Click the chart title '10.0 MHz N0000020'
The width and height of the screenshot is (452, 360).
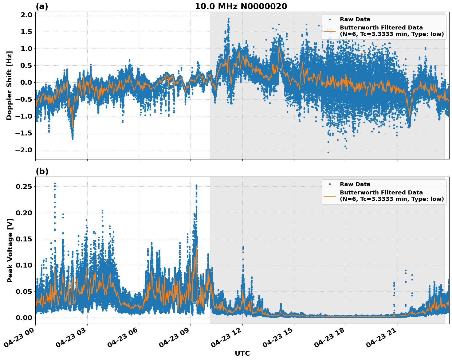pyautogui.click(x=241, y=6)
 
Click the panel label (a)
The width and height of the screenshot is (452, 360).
pyautogui.click(x=42, y=6)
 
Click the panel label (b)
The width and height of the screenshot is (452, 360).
pyautogui.click(x=42, y=171)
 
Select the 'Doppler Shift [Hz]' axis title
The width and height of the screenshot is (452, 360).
pyautogui.click(x=10, y=85)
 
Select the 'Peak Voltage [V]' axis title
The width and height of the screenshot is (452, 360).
pyautogui.click(x=10, y=250)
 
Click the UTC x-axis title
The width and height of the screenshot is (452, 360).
pyautogui.click(x=242, y=353)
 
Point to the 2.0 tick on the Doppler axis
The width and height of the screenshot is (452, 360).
pyautogui.click(x=26, y=15)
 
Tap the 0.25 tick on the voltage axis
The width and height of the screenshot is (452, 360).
pyautogui.click(x=25, y=187)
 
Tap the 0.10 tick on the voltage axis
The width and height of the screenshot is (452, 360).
pyautogui.click(x=25, y=265)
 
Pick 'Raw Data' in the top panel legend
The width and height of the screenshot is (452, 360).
pyautogui.click(x=355, y=19)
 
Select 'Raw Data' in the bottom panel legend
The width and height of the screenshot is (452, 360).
pyautogui.click(x=355, y=184)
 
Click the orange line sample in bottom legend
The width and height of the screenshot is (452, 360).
pyautogui.click(x=329, y=196)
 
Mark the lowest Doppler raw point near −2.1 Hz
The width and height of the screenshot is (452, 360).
pyautogui.click(x=328, y=152)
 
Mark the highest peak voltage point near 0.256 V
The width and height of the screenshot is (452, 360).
pyautogui.click(x=55, y=183)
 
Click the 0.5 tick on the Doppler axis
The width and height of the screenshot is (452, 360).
pyautogui.click(x=26, y=65)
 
